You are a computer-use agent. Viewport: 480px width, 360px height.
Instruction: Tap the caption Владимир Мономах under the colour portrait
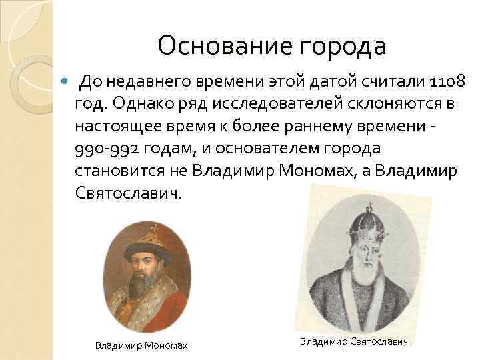pyautogui.click(x=141, y=345)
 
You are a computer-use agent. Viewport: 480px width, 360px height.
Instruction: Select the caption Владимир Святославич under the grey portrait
pyautogui.click(x=353, y=341)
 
